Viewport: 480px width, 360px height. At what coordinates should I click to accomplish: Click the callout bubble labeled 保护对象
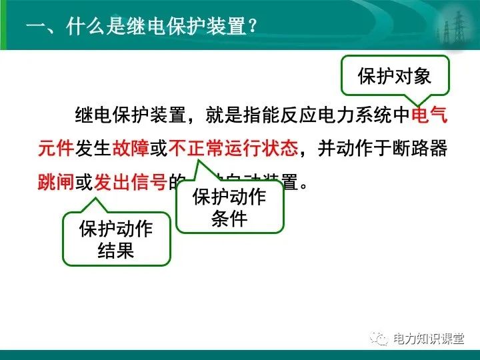[395, 75]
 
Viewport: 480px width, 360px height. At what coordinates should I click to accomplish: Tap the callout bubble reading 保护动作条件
[229, 207]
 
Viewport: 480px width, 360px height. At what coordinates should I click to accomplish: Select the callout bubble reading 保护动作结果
[116, 239]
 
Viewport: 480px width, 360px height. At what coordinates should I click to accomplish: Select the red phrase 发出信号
[129, 182]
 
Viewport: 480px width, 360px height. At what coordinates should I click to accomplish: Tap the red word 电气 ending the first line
[429, 115]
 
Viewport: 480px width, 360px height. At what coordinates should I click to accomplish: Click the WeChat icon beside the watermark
[380, 339]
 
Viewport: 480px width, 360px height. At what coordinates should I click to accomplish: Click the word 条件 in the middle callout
[229, 218]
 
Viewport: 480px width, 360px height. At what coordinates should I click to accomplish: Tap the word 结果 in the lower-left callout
[116, 250]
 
